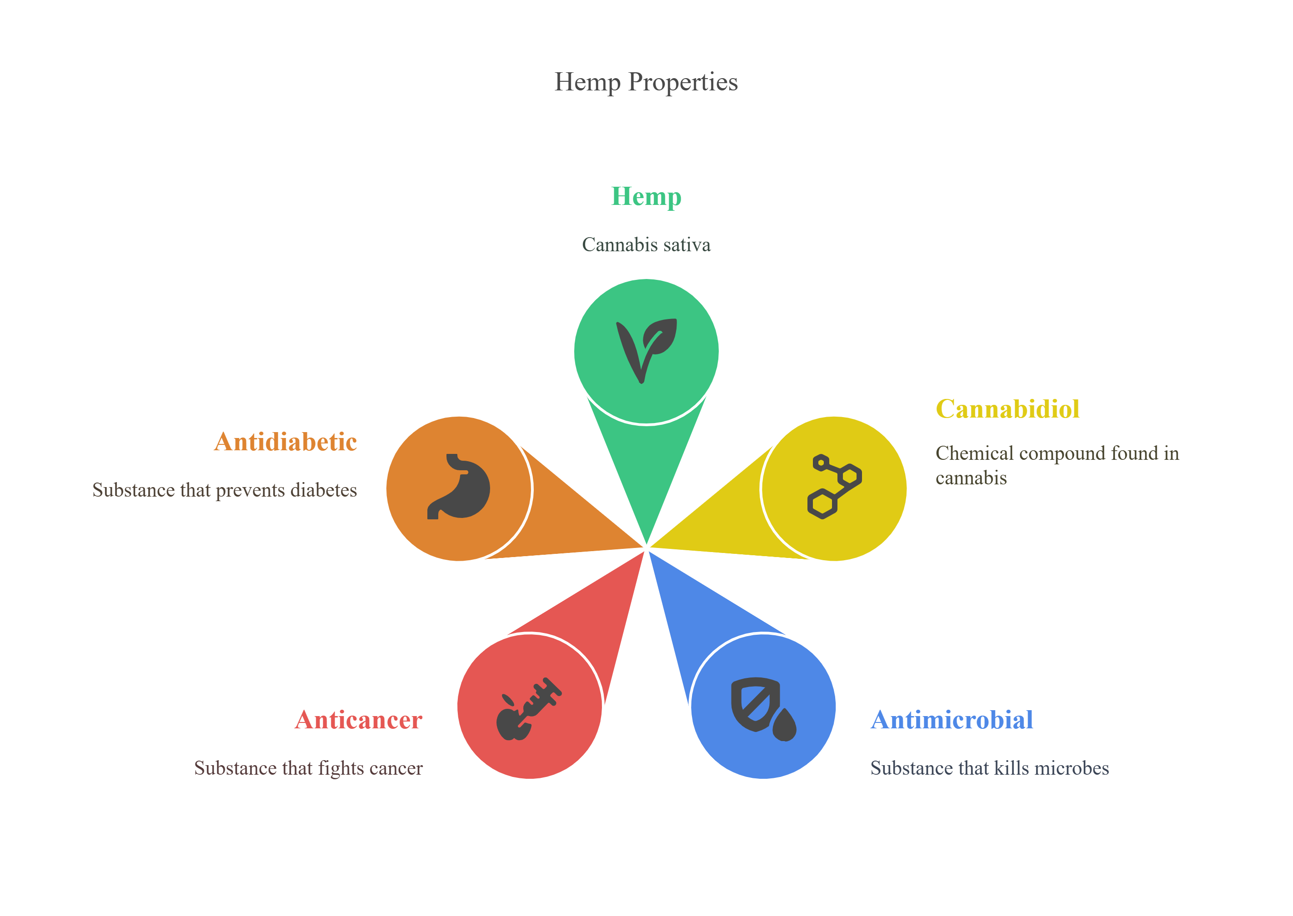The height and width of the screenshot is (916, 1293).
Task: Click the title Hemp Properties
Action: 646,82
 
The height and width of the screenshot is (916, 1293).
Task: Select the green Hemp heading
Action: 646,197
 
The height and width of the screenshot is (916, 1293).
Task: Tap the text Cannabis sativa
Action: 646,245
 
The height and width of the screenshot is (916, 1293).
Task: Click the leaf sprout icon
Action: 646,351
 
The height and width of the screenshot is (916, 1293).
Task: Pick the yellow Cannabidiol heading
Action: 1007,409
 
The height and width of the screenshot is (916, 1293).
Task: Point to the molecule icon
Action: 834,486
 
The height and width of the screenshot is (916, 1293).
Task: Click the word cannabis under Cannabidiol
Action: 971,478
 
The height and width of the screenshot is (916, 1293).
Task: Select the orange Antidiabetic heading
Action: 286,442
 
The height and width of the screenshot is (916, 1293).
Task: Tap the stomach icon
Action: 458,486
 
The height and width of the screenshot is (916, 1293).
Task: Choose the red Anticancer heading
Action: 358,720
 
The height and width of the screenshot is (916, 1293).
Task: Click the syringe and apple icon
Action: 529,708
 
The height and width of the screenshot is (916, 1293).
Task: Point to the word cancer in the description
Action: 396,768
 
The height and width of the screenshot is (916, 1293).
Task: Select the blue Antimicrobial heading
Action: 952,720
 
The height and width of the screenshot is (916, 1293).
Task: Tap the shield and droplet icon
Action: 764,709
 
